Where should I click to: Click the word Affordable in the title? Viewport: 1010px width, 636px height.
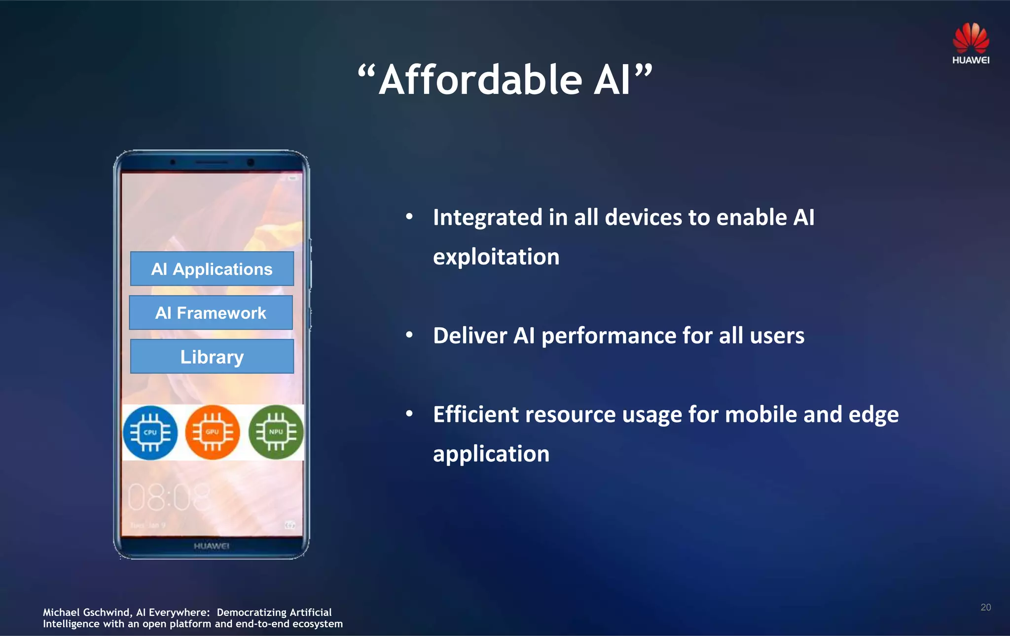[x=481, y=80]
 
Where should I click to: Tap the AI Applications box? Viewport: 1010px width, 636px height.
[x=212, y=269]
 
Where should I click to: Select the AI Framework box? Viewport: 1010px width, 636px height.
[x=211, y=313]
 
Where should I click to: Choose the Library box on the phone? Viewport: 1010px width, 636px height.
[x=212, y=357]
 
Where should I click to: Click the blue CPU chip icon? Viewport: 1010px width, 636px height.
[x=150, y=433]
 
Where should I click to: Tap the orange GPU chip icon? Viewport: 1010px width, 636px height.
[x=213, y=433]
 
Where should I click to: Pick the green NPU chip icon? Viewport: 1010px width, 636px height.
[x=276, y=433]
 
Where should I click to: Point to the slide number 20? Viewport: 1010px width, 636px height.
[x=985, y=607]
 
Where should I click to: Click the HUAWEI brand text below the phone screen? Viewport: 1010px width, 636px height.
[x=212, y=546]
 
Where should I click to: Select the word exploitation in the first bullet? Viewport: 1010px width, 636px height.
[x=496, y=257]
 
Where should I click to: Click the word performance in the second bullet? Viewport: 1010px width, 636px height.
[x=609, y=336]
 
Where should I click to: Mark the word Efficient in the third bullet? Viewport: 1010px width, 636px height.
[x=474, y=414]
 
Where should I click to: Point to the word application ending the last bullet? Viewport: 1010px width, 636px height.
[x=491, y=454]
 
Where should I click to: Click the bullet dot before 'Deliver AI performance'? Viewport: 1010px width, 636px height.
[x=409, y=335]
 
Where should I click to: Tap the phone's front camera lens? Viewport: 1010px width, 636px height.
[x=251, y=162]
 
